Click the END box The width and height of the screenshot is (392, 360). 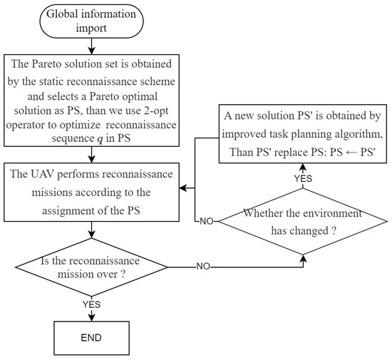click(x=89, y=336)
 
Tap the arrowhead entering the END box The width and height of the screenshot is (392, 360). click(x=89, y=314)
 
